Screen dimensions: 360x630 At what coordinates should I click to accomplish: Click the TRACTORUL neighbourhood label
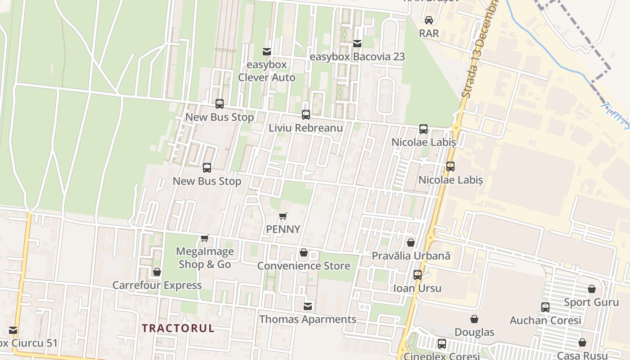point(178,328)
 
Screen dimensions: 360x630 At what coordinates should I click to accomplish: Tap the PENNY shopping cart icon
point(283,216)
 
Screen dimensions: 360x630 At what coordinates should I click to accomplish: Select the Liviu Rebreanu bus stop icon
point(306,115)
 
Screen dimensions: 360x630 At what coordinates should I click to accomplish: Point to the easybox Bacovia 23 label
point(358,57)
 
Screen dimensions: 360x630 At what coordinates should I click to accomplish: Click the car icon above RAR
point(429,20)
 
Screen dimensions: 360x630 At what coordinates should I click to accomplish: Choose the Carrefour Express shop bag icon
point(157,272)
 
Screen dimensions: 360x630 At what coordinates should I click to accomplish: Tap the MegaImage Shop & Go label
point(205,258)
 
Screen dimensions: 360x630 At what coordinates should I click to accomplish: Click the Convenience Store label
point(304,266)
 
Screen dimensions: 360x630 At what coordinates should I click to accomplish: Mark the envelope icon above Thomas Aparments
point(308,306)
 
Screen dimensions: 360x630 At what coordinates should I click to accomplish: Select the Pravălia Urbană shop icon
point(411,243)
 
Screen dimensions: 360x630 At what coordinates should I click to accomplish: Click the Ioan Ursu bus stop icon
point(418,275)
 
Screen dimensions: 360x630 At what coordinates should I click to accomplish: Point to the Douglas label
point(474,333)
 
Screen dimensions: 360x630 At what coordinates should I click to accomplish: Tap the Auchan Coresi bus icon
point(545,307)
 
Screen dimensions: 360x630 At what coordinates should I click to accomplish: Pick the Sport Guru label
point(591,302)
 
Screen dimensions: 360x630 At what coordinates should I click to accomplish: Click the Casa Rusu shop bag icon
point(582,342)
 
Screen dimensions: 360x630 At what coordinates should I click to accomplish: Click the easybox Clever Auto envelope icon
point(267,52)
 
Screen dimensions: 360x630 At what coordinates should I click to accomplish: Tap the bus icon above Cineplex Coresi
point(442,344)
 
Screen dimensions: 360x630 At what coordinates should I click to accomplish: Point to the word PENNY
point(283,229)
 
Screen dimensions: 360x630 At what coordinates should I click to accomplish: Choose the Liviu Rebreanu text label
point(306,128)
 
